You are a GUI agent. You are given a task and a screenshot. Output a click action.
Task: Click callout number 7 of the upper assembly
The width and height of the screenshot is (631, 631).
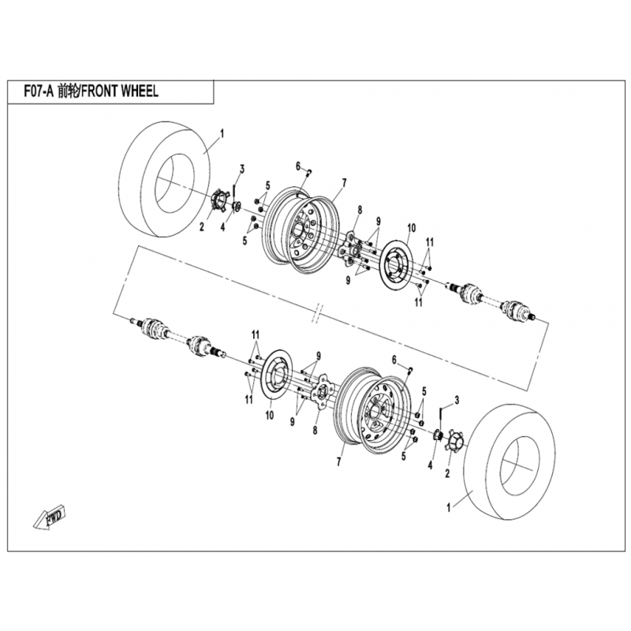pyautogui.click(x=344, y=182)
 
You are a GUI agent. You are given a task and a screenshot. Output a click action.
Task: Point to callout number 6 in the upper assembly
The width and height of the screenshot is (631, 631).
pyautogui.click(x=298, y=166)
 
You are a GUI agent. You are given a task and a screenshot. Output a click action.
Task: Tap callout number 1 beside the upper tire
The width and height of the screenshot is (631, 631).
pyautogui.click(x=222, y=135)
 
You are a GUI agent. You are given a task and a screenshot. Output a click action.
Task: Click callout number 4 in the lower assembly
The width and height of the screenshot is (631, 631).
pyautogui.click(x=431, y=465)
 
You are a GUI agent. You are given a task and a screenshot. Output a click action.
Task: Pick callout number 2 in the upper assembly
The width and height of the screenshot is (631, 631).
pyautogui.click(x=202, y=226)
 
